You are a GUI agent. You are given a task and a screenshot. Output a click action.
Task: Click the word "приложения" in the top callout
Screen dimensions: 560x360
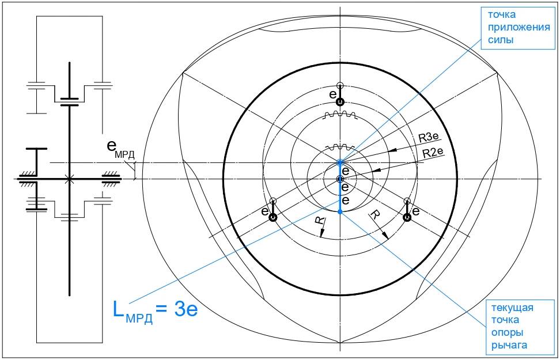tap(519, 28)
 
